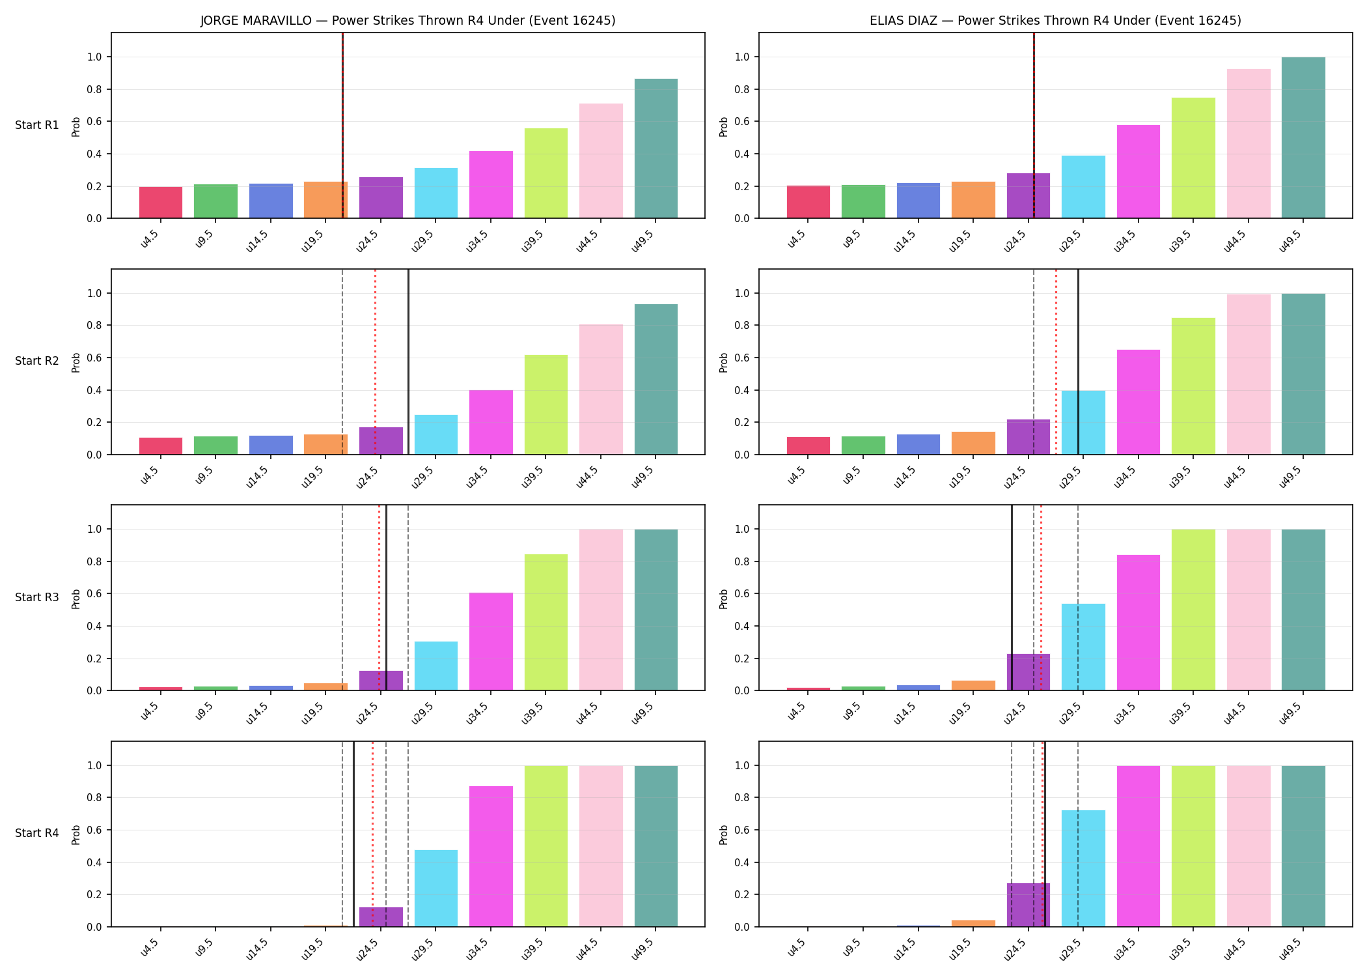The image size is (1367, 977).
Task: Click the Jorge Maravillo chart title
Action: click(407, 20)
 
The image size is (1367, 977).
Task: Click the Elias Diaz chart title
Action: click(1055, 20)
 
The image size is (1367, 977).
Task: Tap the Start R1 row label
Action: click(37, 125)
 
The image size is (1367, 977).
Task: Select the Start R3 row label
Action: click(37, 597)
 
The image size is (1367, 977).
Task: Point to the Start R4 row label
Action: click(37, 833)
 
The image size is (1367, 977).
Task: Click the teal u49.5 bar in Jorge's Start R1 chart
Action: click(656, 149)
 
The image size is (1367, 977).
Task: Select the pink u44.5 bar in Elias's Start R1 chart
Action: click(1249, 143)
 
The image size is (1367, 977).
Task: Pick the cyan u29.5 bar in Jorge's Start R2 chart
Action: click(436, 434)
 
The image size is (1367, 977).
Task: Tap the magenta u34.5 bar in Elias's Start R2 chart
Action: click(1139, 402)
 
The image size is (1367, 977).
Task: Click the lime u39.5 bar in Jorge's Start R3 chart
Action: click(546, 622)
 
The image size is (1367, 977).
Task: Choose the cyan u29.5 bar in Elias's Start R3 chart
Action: click(1083, 647)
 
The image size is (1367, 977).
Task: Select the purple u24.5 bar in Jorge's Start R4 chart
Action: click(381, 916)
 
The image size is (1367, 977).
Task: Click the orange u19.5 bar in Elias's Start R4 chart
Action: click(973, 923)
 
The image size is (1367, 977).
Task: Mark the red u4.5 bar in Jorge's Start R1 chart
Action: click(161, 203)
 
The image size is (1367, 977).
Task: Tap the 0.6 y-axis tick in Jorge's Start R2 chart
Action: click(95, 358)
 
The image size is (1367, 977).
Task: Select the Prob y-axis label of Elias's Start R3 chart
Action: click(724, 598)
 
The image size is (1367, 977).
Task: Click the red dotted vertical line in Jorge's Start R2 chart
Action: click(375, 361)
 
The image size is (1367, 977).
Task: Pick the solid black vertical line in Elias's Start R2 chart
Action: click(1078, 361)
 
